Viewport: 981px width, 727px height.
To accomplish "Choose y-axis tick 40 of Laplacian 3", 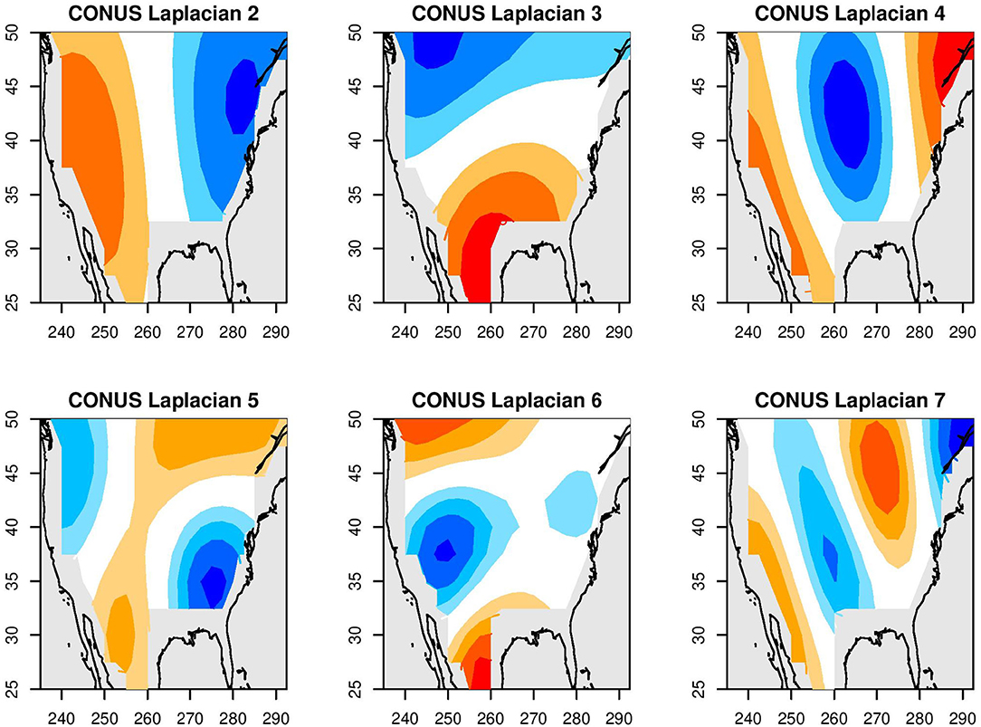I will point(379,140).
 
